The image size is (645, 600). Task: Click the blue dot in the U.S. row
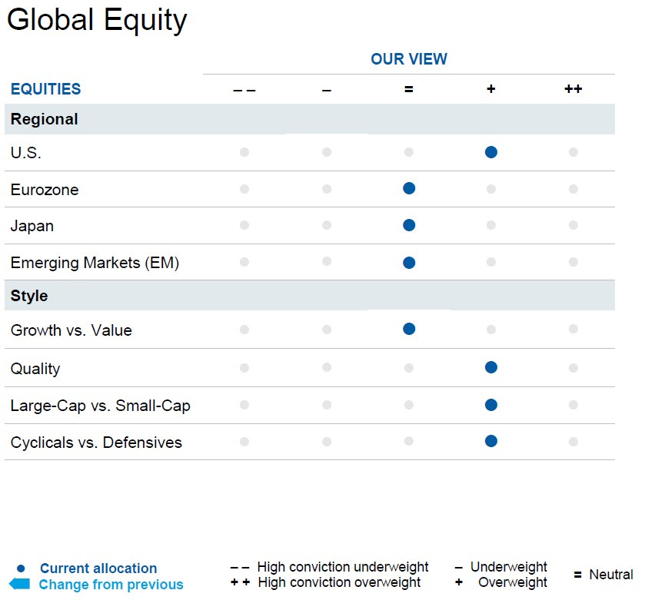coord(490,152)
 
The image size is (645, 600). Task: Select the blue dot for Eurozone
coord(409,188)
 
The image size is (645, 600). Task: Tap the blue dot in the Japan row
coord(409,225)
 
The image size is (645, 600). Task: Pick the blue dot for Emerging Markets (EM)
coord(409,263)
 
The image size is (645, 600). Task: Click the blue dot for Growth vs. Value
coord(409,329)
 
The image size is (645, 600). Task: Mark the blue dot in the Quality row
coord(490,367)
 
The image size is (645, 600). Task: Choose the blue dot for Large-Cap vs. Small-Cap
coord(490,405)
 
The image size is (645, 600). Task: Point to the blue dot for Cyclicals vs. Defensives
coord(490,441)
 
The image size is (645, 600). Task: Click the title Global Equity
coord(97,21)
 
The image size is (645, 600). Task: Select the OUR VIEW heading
coord(409,59)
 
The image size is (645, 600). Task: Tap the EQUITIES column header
coord(45,89)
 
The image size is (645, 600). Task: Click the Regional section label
coord(45,119)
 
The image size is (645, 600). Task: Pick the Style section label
coord(29,296)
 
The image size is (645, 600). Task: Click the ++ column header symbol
coord(573,89)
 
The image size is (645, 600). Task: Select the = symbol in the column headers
coord(408,89)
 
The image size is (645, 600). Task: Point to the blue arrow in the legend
coord(19,584)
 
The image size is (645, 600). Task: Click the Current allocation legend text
coord(98,569)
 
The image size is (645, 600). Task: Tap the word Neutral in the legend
coord(611,575)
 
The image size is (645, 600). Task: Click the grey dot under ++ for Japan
coord(574,225)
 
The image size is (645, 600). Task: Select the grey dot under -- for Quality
coord(244,368)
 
